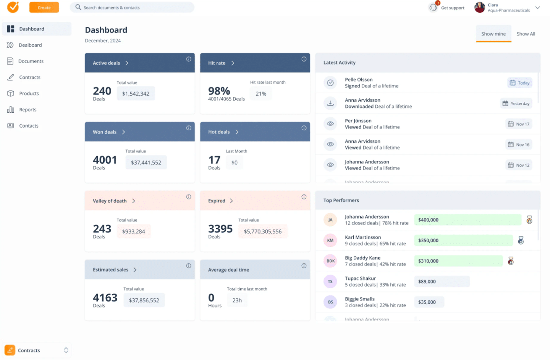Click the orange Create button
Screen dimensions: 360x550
click(44, 8)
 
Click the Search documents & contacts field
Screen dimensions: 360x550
click(132, 8)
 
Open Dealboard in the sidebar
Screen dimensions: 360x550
click(30, 45)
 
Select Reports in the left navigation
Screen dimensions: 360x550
click(27, 110)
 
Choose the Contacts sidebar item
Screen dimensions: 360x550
click(29, 126)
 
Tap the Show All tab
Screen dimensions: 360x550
click(526, 34)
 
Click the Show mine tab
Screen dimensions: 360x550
click(493, 34)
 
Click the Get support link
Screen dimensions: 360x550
click(452, 8)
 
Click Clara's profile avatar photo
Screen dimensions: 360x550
click(479, 8)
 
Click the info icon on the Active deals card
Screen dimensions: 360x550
click(189, 59)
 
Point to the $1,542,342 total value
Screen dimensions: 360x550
click(136, 94)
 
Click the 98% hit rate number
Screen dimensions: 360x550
click(219, 91)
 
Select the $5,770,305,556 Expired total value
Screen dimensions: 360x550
click(262, 232)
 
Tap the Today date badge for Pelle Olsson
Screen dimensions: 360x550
click(519, 83)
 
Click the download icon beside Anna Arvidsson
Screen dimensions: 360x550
click(330, 103)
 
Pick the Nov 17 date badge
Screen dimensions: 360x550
click(519, 124)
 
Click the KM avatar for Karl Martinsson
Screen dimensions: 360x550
click(330, 240)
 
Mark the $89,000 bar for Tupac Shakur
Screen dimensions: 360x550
click(442, 282)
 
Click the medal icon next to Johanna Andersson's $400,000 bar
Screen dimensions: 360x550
click(529, 220)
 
